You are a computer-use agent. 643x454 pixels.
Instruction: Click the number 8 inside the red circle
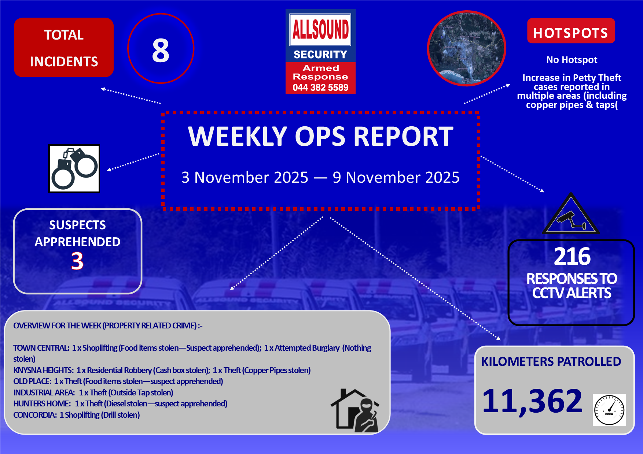click(x=161, y=50)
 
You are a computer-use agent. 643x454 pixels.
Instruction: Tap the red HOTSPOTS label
click(x=571, y=31)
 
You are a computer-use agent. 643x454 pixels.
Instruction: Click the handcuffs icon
click(x=74, y=168)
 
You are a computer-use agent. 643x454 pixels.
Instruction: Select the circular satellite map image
click(x=467, y=48)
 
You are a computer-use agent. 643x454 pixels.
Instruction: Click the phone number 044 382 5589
click(x=320, y=88)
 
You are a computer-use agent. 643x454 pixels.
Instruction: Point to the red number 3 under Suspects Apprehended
click(x=77, y=261)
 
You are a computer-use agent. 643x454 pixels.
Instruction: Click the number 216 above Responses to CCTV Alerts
click(x=572, y=256)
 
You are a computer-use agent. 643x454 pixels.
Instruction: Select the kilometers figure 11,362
click(x=532, y=401)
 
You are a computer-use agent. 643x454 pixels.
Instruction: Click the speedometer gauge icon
click(x=609, y=410)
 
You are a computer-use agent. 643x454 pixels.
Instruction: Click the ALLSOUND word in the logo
click(x=320, y=29)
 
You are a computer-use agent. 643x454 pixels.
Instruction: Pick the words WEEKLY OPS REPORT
click(x=321, y=137)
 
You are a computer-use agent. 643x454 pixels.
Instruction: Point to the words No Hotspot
click(x=572, y=60)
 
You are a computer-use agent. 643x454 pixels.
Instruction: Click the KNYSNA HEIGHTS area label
click(x=43, y=370)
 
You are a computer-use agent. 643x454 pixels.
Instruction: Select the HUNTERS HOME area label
click(x=42, y=403)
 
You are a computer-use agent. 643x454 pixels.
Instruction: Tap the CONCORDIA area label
click(x=35, y=415)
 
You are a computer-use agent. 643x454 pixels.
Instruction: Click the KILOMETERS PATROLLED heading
click(x=551, y=362)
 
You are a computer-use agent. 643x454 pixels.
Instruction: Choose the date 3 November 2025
click(x=245, y=178)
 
